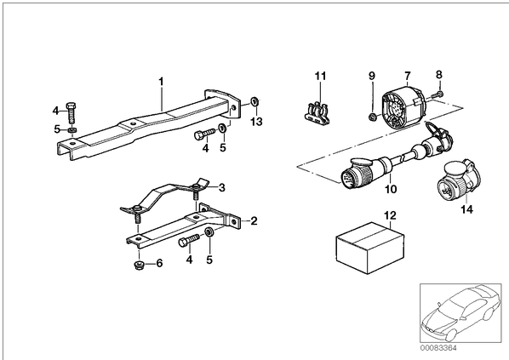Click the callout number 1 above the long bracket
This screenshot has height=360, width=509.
pyautogui.click(x=161, y=82)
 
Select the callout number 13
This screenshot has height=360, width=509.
pyautogui.click(x=256, y=122)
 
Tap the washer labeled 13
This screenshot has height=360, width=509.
pyautogui.click(x=254, y=101)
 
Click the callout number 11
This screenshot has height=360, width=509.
pyautogui.click(x=320, y=77)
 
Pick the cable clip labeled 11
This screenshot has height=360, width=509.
pyautogui.click(x=317, y=113)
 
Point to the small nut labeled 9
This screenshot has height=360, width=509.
pyautogui.click(x=372, y=117)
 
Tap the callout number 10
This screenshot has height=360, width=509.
pyautogui.click(x=391, y=189)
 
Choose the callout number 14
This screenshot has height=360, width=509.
pyautogui.click(x=466, y=209)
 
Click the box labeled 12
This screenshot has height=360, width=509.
pyautogui.click(x=370, y=248)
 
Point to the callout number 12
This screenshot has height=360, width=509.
pyautogui.click(x=390, y=215)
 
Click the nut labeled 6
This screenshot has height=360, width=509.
pyautogui.click(x=139, y=265)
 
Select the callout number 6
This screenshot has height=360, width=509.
pyautogui.click(x=159, y=263)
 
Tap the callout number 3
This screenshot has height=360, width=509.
pyautogui.click(x=221, y=187)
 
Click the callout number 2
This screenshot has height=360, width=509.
pyautogui.click(x=254, y=221)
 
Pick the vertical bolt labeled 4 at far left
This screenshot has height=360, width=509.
pyautogui.click(x=71, y=112)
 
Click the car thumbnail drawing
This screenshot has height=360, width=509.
pyautogui.click(x=460, y=313)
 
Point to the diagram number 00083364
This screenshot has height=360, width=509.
pyautogui.click(x=438, y=348)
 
